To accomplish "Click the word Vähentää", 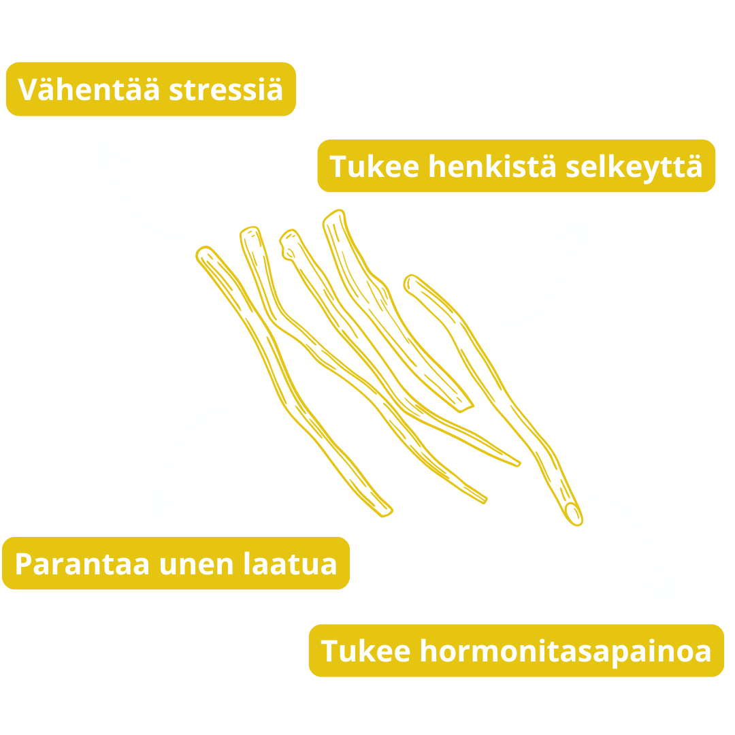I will pyautogui.click(x=89, y=90).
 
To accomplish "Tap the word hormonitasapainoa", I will pyautogui.click(x=565, y=651).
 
